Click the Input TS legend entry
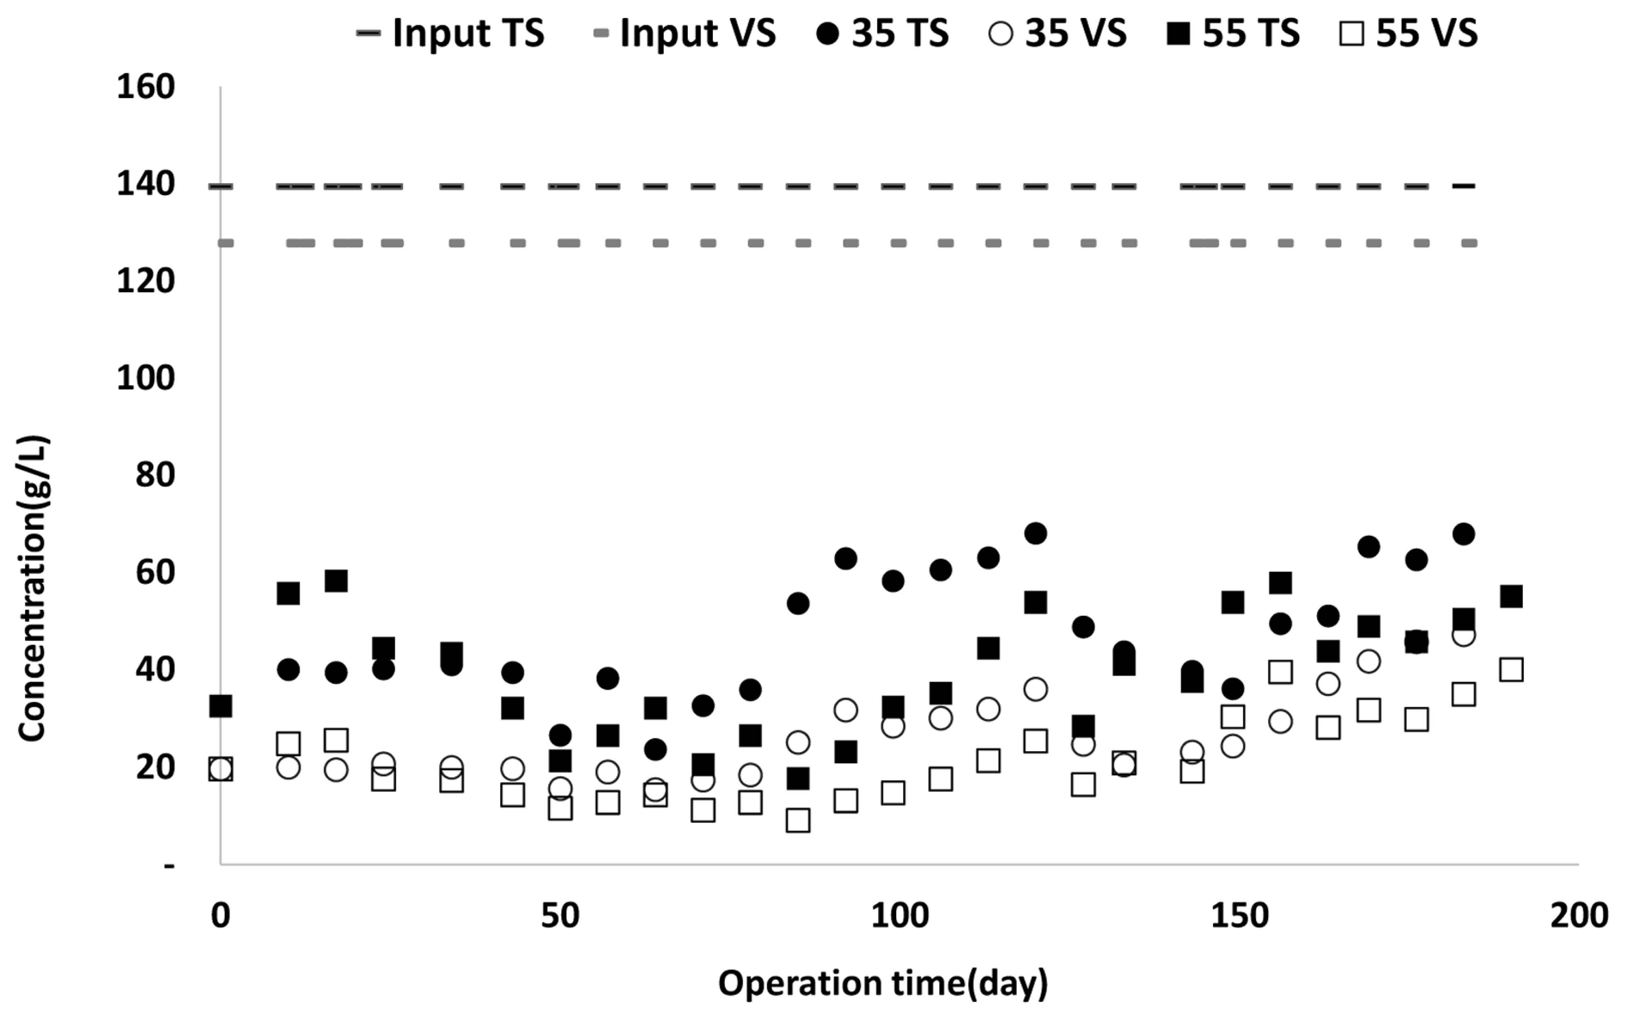point(451,33)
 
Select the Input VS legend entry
point(685,33)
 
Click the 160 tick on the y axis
point(146,87)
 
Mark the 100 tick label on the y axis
point(146,378)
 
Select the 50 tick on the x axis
point(560,916)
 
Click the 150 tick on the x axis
point(1239,916)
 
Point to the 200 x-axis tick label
point(1579,916)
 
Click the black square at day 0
point(221,706)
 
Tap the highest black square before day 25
point(336,581)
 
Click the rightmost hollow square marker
point(1511,669)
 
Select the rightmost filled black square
point(1511,595)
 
